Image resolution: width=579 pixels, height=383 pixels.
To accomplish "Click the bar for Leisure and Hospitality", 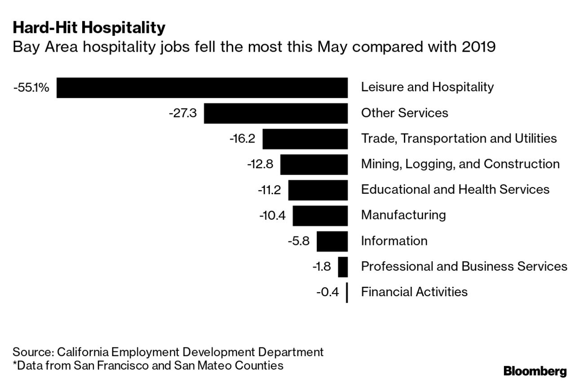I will (202, 88).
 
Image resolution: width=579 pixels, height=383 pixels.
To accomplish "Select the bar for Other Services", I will (276, 113).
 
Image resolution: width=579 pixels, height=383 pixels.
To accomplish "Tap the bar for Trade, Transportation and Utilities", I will (305, 139).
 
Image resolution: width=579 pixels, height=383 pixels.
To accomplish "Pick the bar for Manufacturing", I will (320, 216).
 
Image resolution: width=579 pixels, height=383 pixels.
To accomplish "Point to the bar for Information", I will (332, 241).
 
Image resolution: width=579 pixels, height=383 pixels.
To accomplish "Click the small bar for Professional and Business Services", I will (343, 267).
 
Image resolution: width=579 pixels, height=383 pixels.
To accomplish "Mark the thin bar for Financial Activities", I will (347, 293).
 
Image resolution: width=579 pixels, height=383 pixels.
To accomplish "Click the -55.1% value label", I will (31, 88).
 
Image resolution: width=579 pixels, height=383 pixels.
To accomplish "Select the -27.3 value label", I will (182, 113).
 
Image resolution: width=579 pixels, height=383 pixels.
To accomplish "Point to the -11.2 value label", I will (269, 190).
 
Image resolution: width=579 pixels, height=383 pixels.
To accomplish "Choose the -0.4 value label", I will (327, 293).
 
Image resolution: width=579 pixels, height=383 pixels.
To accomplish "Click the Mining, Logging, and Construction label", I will (460, 164).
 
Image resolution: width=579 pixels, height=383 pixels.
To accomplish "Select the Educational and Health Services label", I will (455, 189).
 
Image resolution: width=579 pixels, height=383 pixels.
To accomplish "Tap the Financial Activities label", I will (414, 292).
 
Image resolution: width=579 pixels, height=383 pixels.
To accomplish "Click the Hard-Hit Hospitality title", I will (89, 28).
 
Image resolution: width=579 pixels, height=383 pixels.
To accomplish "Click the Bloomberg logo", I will (535, 371).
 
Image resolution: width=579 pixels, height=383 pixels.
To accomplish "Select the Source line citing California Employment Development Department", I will (168, 352).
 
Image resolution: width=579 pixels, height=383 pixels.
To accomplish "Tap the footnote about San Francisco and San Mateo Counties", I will (148, 365).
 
